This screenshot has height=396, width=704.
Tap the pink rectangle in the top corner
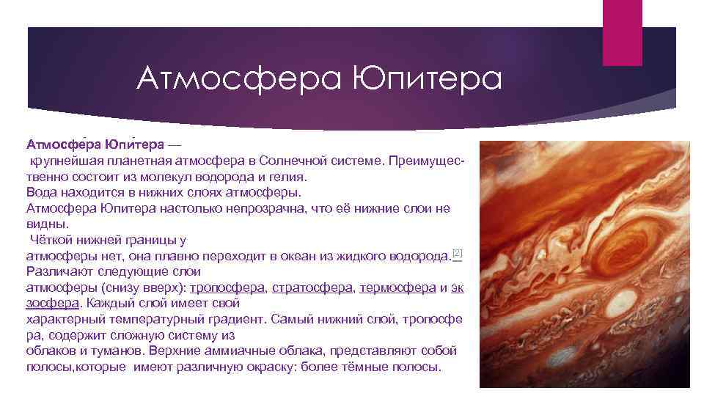coord(621,32)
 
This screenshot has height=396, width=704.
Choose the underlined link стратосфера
coord(312,287)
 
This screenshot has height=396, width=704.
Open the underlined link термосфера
coord(397,287)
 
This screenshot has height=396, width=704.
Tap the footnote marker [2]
coord(457,253)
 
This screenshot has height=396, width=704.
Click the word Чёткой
coord(52,240)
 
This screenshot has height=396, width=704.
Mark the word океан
coord(283,256)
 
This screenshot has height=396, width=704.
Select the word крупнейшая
coord(64,160)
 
